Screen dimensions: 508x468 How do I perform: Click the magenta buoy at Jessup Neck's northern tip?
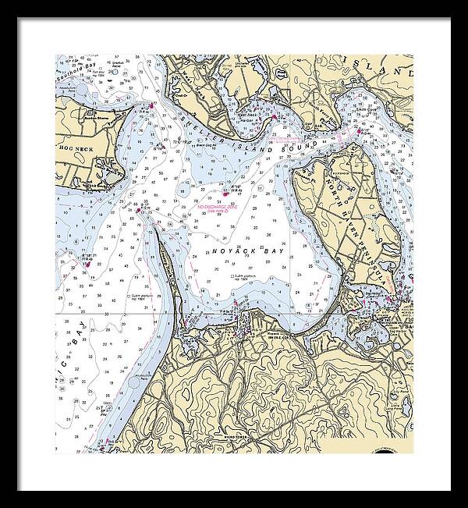[x=139, y=208]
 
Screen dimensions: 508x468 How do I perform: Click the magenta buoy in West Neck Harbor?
[x=275, y=116]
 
